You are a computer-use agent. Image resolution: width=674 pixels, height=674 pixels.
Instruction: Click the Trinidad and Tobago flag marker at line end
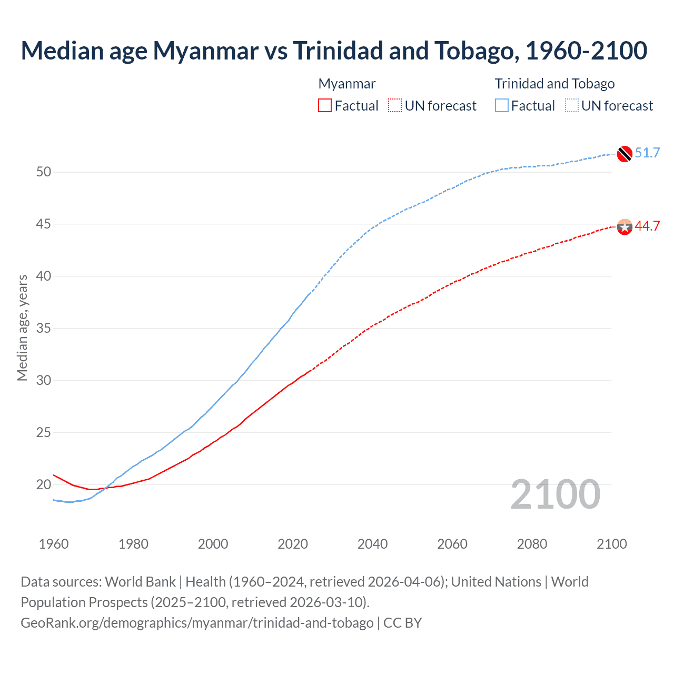pyautogui.click(x=625, y=153)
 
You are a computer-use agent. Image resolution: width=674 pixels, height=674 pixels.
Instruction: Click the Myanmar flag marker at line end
pyautogui.click(x=625, y=227)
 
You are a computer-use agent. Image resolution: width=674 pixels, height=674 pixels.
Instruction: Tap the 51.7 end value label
pyautogui.click(x=647, y=153)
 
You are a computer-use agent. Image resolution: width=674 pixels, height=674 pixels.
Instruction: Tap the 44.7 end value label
pyautogui.click(x=647, y=226)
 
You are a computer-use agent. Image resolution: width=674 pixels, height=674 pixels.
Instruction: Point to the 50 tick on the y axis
pyautogui.click(x=44, y=172)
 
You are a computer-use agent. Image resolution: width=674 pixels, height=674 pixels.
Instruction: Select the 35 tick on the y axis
pyautogui.click(x=44, y=329)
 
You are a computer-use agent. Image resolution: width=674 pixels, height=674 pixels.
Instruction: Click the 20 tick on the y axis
pyautogui.click(x=44, y=484)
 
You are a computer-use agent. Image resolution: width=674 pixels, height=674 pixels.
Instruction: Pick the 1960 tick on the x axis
pyautogui.click(x=54, y=544)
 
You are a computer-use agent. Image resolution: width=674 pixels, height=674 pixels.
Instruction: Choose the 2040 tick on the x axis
pyautogui.click(x=372, y=544)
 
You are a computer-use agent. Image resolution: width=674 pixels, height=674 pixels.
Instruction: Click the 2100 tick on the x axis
pyautogui.click(x=612, y=544)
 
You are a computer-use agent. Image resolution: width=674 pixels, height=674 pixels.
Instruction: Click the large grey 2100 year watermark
pyautogui.click(x=555, y=494)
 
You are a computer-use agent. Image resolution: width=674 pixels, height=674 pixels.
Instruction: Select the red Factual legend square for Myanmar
pyautogui.click(x=325, y=105)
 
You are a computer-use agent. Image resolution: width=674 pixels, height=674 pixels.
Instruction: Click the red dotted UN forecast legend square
pyautogui.click(x=395, y=105)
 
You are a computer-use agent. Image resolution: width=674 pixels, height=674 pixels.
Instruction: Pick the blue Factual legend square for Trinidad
pyautogui.click(x=502, y=105)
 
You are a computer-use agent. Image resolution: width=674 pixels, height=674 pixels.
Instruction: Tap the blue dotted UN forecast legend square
pyautogui.click(x=572, y=105)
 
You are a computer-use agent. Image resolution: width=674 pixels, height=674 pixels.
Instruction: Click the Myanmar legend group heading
pyautogui.click(x=347, y=84)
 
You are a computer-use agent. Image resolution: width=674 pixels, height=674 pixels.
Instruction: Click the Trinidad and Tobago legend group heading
pyautogui.click(x=554, y=84)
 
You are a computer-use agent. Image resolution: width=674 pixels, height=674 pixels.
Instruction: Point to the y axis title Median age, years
pyautogui.click(x=22, y=328)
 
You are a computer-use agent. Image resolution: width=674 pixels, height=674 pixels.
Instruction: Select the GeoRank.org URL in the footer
pyautogui.click(x=197, y=623)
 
